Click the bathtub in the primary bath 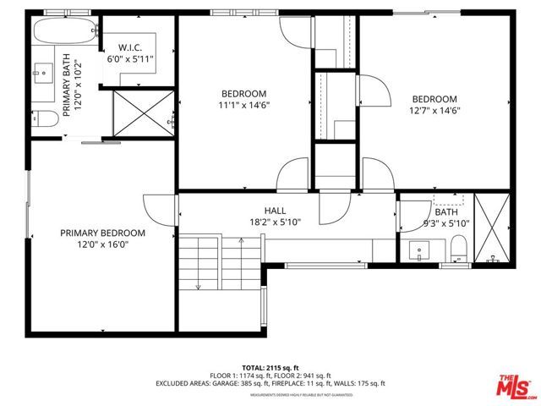pos(64,33)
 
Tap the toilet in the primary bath pos(47,119)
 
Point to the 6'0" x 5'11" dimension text pos(130,60)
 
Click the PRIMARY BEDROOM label pos(102,233)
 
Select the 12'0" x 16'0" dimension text pos(102,245)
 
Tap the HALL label pos(274,211)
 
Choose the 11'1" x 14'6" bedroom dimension pos(243,106)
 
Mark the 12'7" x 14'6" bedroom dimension pos(434,111)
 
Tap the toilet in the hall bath pos(457,249)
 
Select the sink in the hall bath pos(420,250)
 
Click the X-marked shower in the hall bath pos(492,229)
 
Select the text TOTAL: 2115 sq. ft pos(270,368)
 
